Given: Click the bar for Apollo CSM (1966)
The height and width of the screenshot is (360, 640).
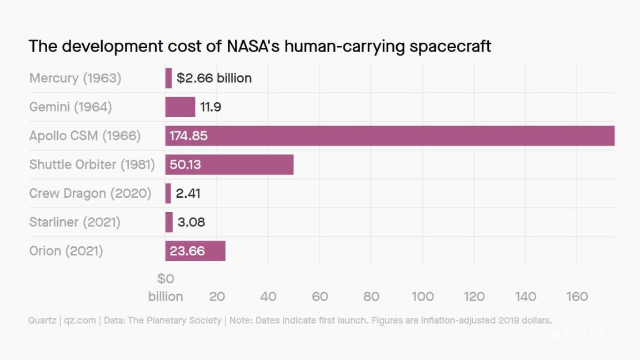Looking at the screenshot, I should point(389,136).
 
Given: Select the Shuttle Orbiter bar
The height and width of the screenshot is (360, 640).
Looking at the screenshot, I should point(229,164).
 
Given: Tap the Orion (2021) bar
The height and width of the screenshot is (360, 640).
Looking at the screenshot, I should point(195,251).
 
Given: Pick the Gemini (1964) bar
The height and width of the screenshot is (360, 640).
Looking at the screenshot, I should point(180,107).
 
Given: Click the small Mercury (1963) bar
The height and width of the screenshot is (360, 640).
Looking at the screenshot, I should point(168,78).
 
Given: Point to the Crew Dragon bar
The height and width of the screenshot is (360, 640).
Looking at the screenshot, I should point(168,193).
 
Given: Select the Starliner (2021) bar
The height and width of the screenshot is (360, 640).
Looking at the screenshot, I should point(169,222).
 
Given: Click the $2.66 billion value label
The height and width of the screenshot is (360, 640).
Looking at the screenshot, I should point(214,78).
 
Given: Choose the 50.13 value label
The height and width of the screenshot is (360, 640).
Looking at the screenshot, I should point(186,164).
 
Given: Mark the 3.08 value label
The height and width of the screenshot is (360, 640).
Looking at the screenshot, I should point(191,222).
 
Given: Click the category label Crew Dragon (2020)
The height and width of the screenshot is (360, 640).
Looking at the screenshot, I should point(90,193).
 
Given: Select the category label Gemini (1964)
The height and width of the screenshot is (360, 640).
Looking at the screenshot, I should point(71,107).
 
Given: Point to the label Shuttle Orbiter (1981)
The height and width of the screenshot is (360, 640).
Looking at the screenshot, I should point(92,164).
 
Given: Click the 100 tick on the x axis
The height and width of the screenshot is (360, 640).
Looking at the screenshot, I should point(423,297).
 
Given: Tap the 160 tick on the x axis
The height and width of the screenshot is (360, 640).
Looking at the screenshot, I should point(577,297).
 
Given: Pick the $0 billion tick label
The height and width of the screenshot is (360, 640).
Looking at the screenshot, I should point(166,288).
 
